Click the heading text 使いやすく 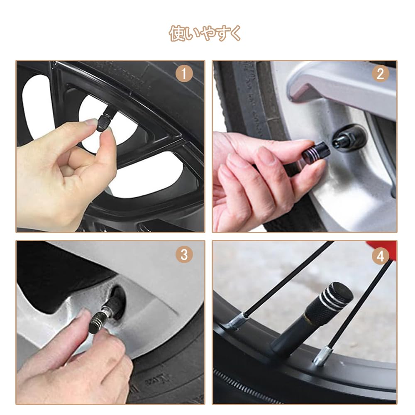coord(205,33)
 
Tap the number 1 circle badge coord(184,74)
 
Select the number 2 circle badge coord(380,74)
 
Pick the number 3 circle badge coord(184,254)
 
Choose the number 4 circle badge coord(380,256)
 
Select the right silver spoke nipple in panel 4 coord(322,356)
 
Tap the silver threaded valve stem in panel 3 coord(107,312)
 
